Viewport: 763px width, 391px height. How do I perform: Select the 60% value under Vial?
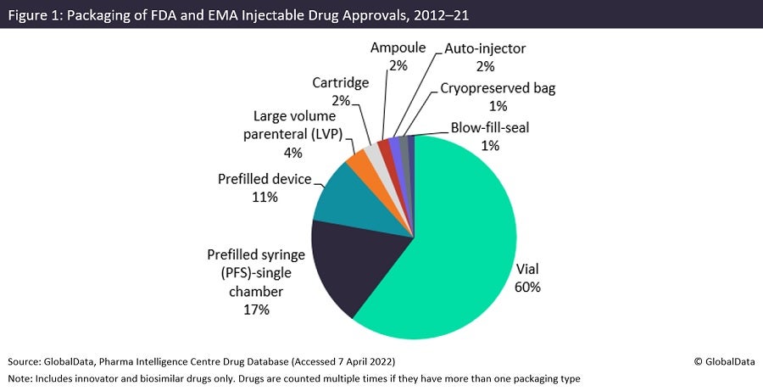pyautogui.click(x=527, y=287)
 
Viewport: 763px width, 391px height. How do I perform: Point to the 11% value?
pyautogui.click(x=264, y=198)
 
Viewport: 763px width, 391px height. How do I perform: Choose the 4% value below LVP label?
pyautogui.click(x=292, y=153)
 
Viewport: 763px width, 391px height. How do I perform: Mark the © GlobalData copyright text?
pyautogui.click(x=722, y=360)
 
